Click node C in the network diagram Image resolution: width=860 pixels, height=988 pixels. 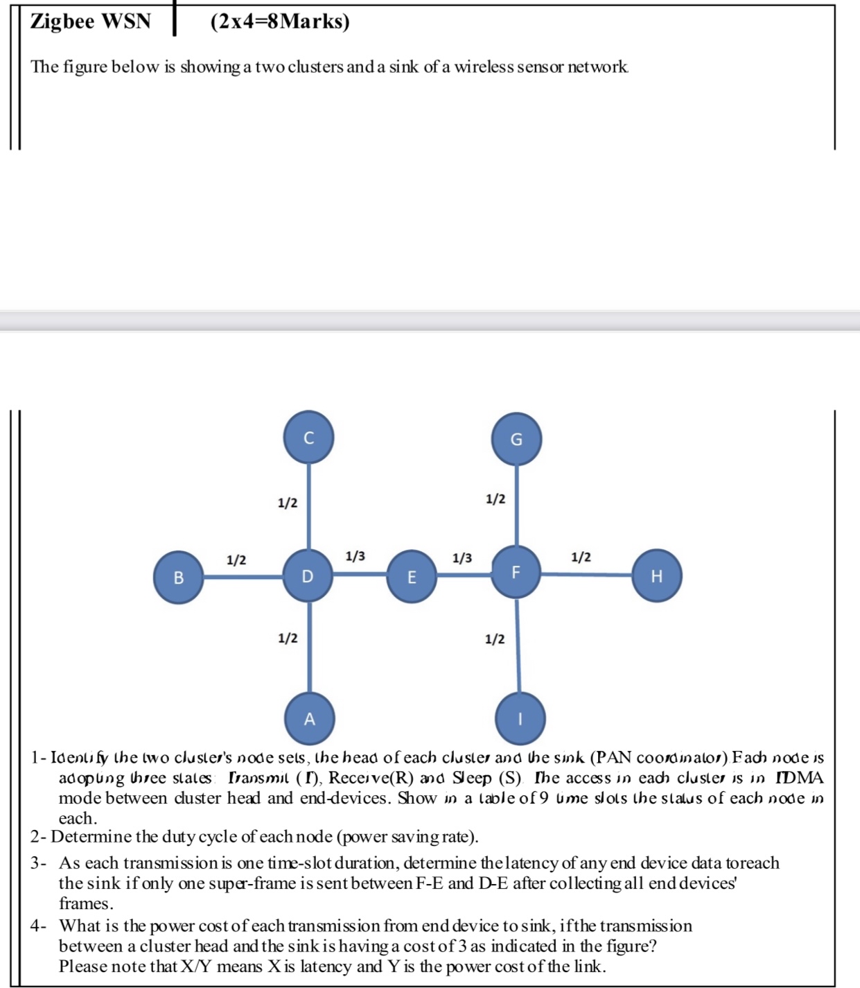[x=309, y=437]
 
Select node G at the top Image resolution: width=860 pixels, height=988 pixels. [x=516, y=440]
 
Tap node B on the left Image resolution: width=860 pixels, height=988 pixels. [x=178, y=577]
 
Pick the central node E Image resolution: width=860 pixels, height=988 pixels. [x=412, y=577]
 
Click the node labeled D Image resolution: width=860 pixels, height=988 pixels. [x=308, y=575]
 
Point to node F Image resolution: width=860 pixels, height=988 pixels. [x=516, y=572]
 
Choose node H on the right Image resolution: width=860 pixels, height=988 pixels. [x=657, y=575]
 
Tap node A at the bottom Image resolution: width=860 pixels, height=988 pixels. [x=310, y=718]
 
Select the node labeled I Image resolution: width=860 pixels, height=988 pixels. [x=520, y=718]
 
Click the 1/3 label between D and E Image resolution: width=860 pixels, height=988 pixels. [x=355, y=556]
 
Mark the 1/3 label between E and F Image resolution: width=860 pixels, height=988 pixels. [x=462, y=558]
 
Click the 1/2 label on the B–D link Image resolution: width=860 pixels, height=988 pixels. [x=236, y=560]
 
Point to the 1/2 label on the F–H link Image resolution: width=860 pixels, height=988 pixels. [x=581, y=557]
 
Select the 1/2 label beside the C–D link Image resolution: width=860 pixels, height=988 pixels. [x=288, y=503]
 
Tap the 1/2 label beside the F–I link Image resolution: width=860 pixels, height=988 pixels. [x=495, y=639]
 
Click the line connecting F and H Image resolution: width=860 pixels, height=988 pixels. [x=586, y=574]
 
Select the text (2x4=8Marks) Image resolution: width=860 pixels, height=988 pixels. [x=280, y=21]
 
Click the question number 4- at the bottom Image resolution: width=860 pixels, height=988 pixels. [x=39, y=926]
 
